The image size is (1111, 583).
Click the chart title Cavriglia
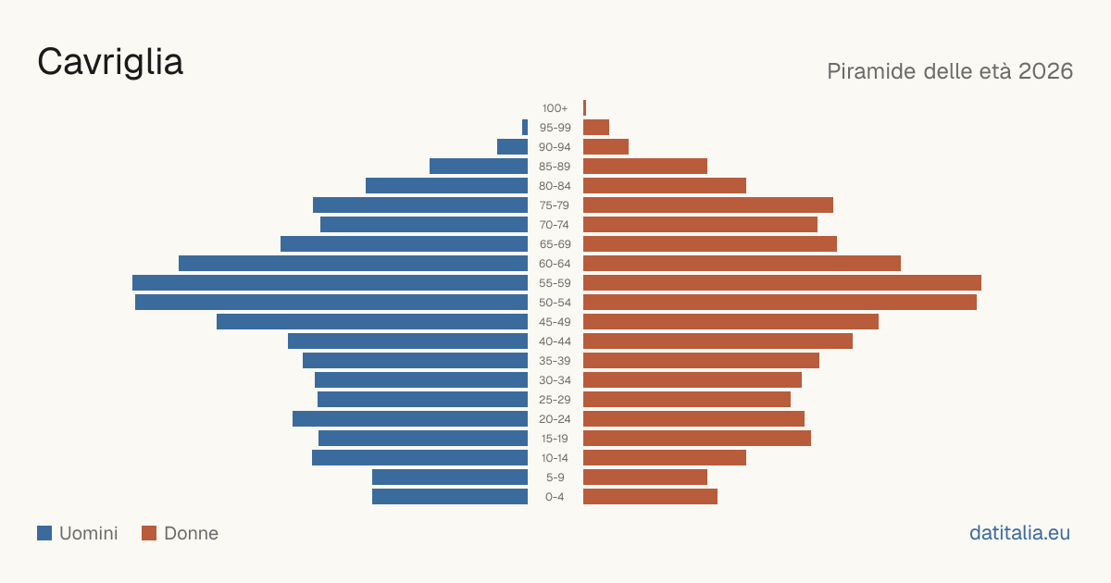110,62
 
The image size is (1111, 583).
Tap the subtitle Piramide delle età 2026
950,71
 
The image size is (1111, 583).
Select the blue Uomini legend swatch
44,533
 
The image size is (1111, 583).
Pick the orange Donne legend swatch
149,533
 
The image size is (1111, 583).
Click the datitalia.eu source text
1019,533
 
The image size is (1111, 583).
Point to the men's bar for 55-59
330,282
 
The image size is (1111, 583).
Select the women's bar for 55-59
782,282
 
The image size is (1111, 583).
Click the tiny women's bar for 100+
585,108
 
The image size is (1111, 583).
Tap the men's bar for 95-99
525,128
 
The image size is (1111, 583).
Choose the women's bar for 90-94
605,147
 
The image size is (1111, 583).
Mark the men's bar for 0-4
450,497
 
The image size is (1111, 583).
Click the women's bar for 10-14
665,457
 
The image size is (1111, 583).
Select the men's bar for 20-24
410,419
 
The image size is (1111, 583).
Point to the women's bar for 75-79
708,205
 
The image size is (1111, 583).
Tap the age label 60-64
555,264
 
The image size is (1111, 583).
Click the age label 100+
555,108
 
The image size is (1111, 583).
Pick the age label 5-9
555,478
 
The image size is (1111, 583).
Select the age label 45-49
555,322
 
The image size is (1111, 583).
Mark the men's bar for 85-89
479,166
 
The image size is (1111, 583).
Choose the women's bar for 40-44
718,341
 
